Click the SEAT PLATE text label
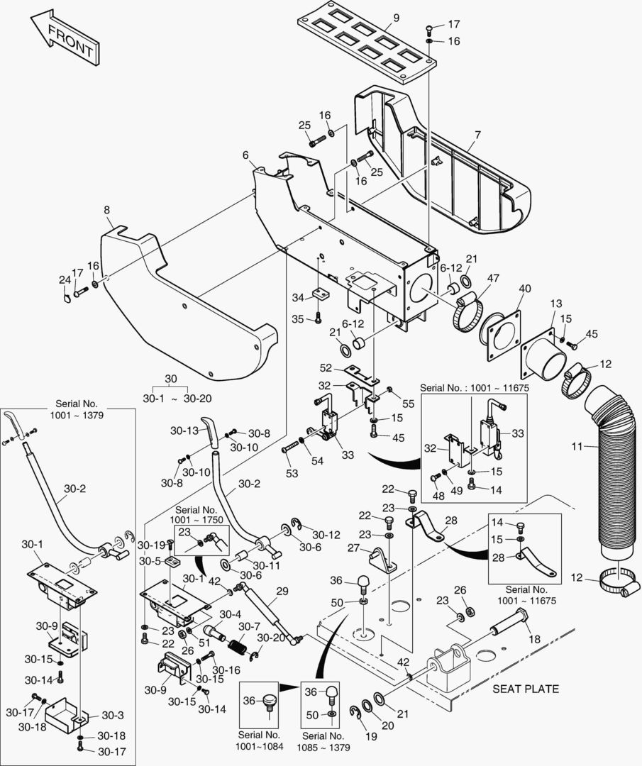(x=526, y=688)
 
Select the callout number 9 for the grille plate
(x=396, y=18)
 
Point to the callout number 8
(x=107, y=210)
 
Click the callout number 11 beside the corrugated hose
(x=577, y=447)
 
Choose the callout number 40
(x=525, y=289)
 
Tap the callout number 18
(x=534, y=638)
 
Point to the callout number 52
(x=326, y=368)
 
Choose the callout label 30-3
(x=113, y=716)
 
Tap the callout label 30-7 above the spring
(x=248, y=627)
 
